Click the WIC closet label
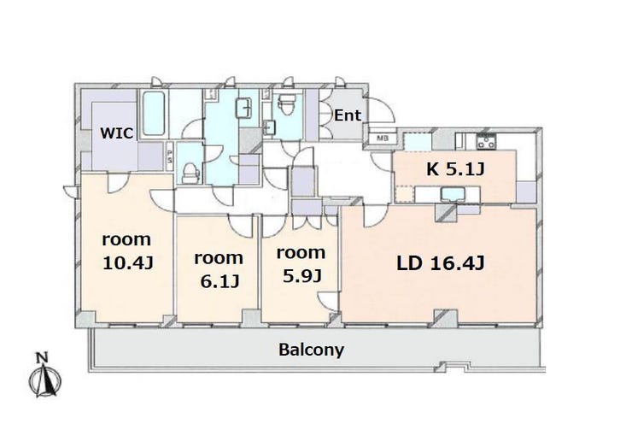click(x=116, y=132)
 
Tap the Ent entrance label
click(x=348, y=115)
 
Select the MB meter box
click(x=382, y=138)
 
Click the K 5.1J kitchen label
click(x=455, y=169)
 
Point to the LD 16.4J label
click(x=440, y=263)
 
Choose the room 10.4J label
click(x=127, y=251)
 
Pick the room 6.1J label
click(x=219, y=270)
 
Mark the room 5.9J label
click(x=301, y=264)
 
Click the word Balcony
click(x=311, y=350)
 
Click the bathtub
click(x=154, y=114)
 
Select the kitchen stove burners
click(x=486, y=141)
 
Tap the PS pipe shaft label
click(x=170, y=156)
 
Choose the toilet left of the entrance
click(x=287, y=104)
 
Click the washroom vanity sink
click(x=244, y=108)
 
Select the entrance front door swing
click(x=380, y=110)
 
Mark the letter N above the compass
click(x=42, y=358)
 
